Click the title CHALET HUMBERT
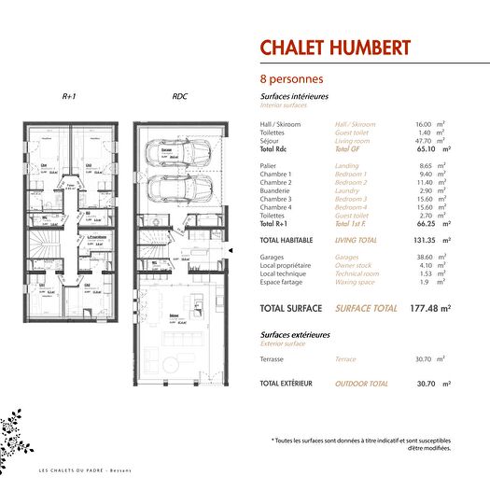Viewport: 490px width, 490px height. tap(334, 48)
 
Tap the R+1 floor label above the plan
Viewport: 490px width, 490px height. tap(69, 97)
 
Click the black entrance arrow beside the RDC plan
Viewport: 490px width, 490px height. tap(229, 250)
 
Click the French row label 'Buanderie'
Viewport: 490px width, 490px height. tap(276, 190)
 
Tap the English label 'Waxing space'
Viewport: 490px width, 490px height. tap(355, 282)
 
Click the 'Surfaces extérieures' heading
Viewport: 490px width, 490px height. tap(295, 334)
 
